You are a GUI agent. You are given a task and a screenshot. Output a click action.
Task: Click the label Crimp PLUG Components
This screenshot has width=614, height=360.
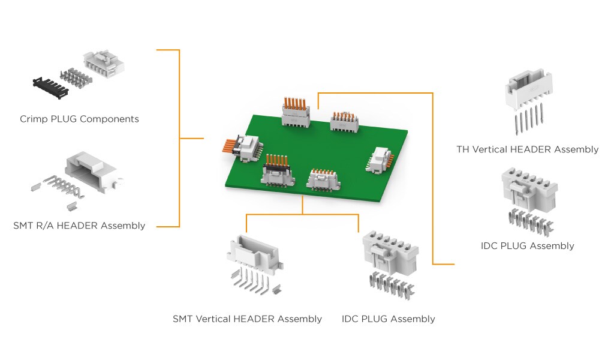click(79, 119)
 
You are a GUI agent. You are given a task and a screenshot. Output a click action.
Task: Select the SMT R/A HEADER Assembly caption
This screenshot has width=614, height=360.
click(79, 226)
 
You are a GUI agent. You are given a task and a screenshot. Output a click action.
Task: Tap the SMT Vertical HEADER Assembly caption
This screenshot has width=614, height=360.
click(247, 319)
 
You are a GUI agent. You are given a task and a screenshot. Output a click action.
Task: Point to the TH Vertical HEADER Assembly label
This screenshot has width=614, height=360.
click(527, 149)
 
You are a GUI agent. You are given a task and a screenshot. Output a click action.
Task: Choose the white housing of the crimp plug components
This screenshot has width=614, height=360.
click(104, 62)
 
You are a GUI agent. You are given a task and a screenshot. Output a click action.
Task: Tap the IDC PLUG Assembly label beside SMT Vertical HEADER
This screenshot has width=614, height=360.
click(388, 319)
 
